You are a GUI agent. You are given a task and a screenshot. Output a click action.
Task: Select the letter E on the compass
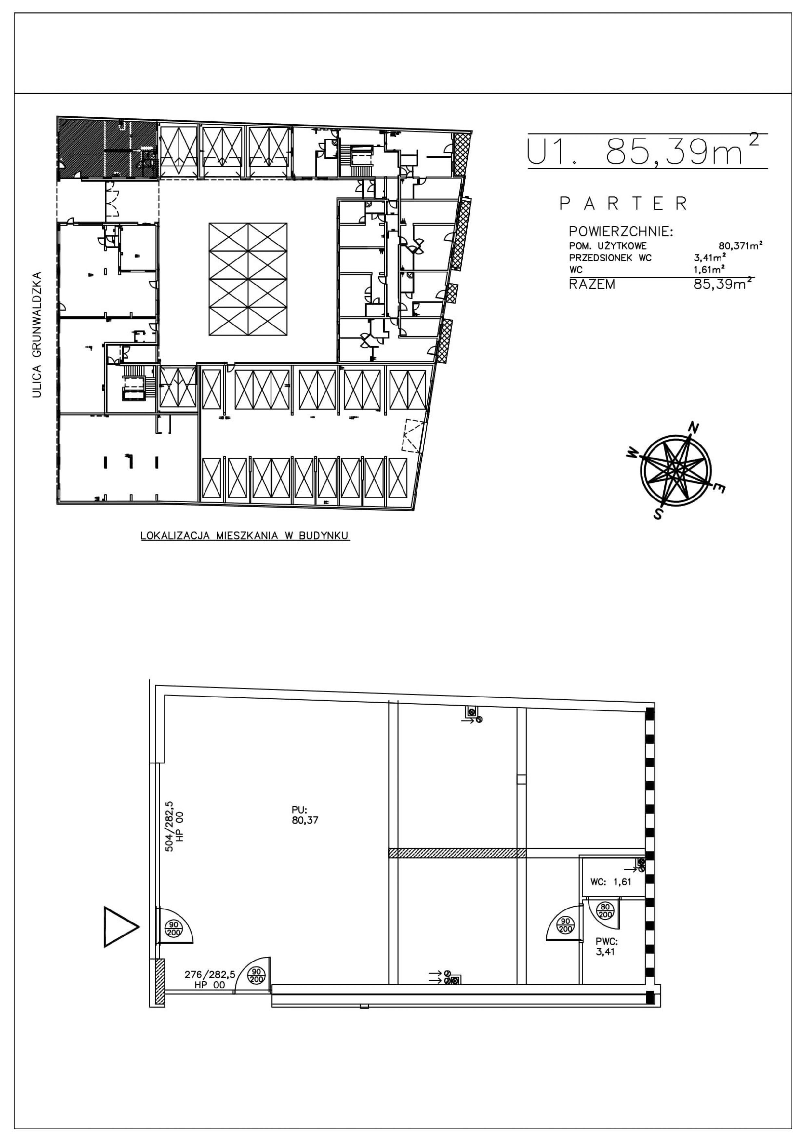[x=718, y=489]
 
